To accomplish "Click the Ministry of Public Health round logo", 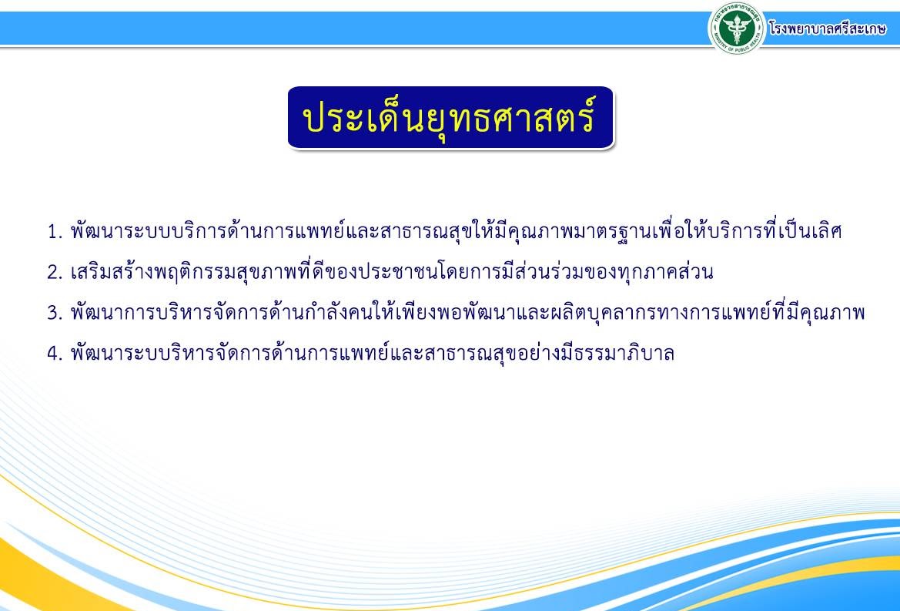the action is click(737, 28).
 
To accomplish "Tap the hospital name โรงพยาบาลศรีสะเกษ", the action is click(827, 29).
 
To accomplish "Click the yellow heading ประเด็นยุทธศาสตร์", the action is click(450, 118).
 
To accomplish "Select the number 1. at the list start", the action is click(55, 232).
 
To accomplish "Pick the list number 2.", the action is click(55, 272).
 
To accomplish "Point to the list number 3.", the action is click(55, 313).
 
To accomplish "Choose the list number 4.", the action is click(55, 353).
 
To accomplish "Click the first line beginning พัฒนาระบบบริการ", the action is click(456, 231).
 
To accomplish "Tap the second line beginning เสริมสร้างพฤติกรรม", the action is click(391, 272).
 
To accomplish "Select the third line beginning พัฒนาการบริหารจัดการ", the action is click(467, 312).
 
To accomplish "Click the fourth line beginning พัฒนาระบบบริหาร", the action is click(372, 353).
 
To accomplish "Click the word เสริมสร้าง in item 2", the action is click(112, 272).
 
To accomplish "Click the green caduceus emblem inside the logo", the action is click(737, 27).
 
